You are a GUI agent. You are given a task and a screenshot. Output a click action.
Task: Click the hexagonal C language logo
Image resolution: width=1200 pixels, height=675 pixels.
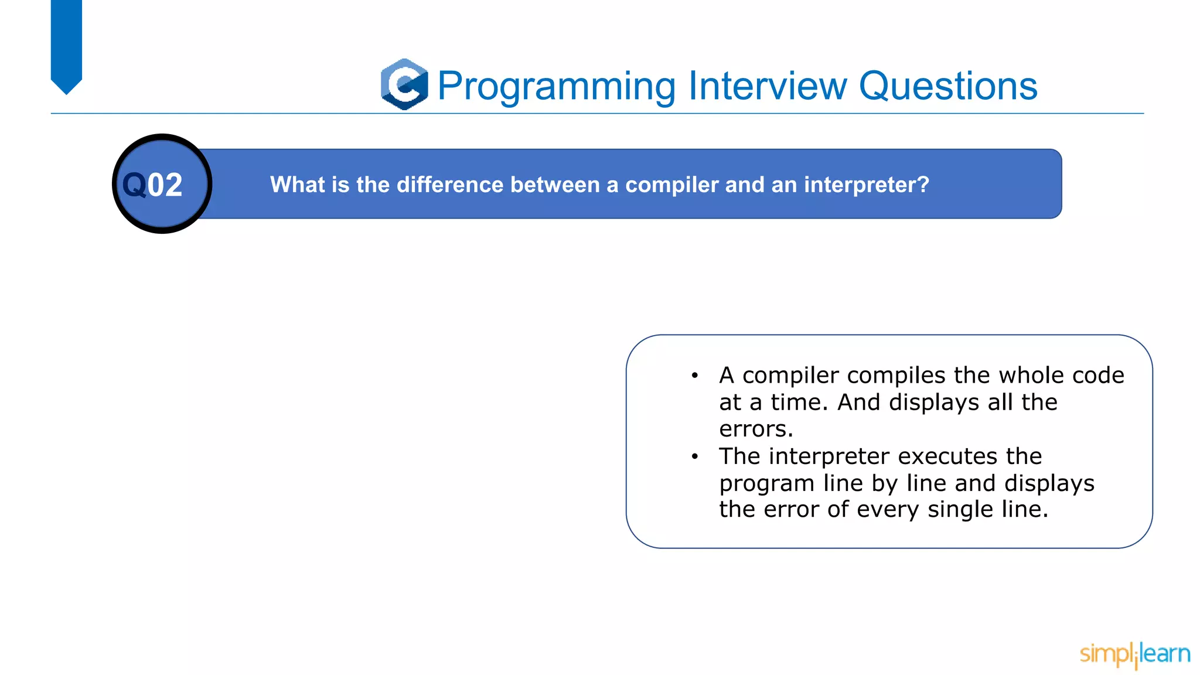[404, 84]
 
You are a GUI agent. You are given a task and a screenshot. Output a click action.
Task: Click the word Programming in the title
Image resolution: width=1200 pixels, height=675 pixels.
[557, 87]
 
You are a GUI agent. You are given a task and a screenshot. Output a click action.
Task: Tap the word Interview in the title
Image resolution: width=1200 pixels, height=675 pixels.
[768, 86]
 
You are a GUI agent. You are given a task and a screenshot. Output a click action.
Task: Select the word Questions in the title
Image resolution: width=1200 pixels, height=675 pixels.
[947, 86]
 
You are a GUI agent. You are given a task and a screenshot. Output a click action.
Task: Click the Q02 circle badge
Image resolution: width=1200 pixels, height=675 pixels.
[162, 184]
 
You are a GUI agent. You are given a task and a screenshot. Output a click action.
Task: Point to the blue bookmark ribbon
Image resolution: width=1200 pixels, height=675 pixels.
[66, 44]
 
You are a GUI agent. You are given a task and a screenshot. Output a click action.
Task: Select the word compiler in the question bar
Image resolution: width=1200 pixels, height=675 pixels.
[671, 185]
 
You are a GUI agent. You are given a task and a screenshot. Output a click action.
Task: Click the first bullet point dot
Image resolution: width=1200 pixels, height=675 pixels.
[694, 376]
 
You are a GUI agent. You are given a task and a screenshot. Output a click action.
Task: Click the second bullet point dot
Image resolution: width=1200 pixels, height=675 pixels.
[694, 456]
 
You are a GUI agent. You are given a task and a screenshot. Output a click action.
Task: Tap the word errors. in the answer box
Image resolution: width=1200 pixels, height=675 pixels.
[756, 429]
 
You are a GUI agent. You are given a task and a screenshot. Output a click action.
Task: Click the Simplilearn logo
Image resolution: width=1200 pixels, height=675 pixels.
[1134, 654]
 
